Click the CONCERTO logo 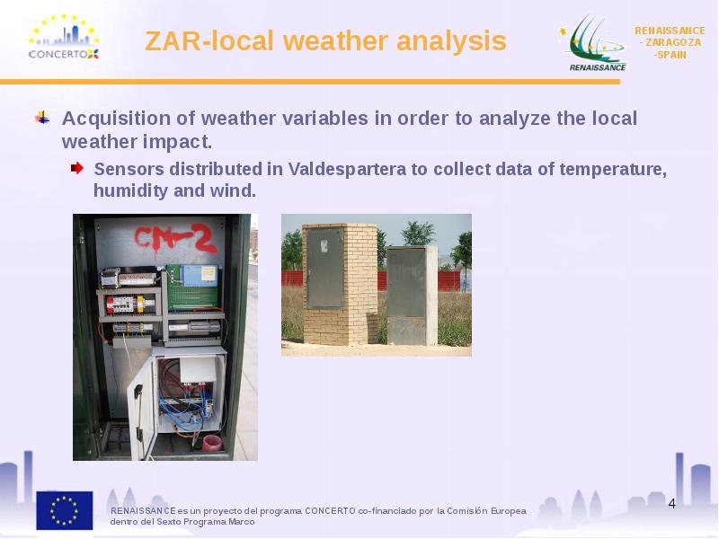[x=64, y=37]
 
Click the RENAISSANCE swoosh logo [x=592, y=43]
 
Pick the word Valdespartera [x=347, y=169]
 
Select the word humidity [x=130, y=190]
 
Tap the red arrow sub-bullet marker [x=77, y=168]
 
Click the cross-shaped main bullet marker [x=42, y=118]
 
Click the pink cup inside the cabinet [x=212, y=443]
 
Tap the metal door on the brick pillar [x=325, y=268]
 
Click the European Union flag [x=65, y=510]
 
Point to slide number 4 [x=671, y=504]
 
